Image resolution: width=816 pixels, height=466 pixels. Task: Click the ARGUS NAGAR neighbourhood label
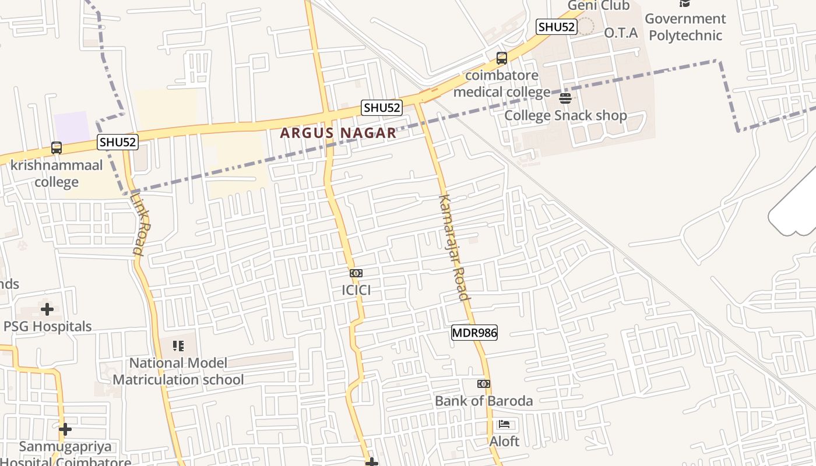338,133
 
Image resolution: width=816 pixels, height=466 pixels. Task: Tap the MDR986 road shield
474,333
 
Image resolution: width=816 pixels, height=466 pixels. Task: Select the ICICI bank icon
356,273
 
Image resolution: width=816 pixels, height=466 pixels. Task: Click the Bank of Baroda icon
483,384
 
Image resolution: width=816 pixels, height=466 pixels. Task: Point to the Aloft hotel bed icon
504,425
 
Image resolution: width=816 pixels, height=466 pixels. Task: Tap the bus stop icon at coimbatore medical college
501,58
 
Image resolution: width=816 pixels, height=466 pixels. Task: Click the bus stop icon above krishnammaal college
57,148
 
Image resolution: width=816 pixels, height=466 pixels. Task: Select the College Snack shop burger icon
565,98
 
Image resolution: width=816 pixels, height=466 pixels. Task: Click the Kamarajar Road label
453,248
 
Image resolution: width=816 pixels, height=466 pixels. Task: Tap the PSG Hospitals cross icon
47,309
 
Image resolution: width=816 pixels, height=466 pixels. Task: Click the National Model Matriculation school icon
178,346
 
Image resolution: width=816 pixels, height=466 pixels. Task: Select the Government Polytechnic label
686,27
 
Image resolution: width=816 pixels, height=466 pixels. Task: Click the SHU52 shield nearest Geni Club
557,27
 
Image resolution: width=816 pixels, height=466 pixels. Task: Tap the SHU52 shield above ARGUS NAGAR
382,108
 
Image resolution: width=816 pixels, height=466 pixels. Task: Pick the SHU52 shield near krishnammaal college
118,142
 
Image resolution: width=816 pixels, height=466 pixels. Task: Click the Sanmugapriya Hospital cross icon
65,429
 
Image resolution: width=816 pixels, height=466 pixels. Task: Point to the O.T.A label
621,33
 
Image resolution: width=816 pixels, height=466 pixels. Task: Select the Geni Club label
599,6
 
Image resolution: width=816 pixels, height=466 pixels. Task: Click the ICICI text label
356,290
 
